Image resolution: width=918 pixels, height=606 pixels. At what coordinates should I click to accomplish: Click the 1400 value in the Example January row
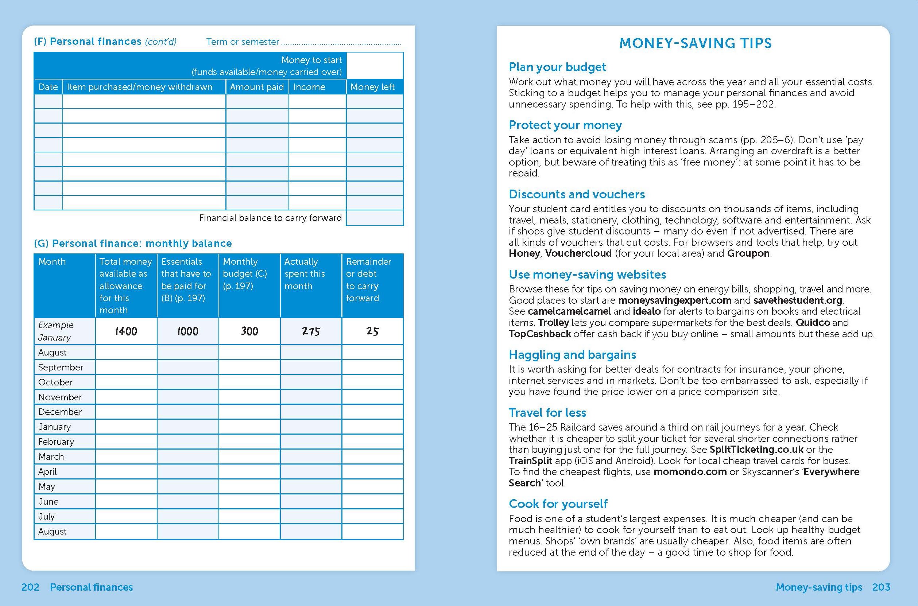[x=126, y=331]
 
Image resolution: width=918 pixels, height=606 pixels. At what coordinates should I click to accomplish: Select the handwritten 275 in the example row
[x=311, y=331]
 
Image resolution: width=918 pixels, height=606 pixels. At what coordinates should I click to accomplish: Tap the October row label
[x=55, y=382]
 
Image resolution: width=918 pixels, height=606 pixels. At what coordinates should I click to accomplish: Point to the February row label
[x=56, y=442]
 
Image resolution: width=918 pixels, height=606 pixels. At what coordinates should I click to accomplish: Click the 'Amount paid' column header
[x=257, y=87]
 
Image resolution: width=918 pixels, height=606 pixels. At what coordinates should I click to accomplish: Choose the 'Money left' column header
[x=372, y=87]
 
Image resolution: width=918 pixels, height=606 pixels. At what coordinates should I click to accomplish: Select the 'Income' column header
[x=309, y=87]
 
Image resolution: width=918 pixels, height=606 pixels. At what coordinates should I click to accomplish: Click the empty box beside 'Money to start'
[x=375, y=66]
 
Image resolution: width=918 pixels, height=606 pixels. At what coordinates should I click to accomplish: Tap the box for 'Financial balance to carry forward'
[x=375, y=218]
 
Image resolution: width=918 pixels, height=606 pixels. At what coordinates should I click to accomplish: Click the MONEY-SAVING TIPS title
[x=696, y=43]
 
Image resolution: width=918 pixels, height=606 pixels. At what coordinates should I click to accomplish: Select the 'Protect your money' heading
[x=565, y=125]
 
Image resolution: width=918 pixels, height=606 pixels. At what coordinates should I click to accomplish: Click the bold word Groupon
[x=748, y=253]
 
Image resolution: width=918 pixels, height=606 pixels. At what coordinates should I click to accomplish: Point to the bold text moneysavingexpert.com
[x=674, y=300]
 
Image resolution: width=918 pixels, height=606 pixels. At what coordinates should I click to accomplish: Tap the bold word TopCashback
[x=539, y=334]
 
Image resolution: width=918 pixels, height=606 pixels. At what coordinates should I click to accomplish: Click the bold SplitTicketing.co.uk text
[x=756, y=450]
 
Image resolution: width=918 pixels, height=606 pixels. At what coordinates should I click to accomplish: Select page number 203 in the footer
[x=881, y=587]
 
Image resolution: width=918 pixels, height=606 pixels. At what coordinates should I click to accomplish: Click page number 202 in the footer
[x=30, y=587]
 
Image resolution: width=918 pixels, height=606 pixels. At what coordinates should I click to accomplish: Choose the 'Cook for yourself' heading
[x=558, y=504]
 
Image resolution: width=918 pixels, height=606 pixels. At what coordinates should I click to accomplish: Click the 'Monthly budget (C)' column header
[x=245, y=273]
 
